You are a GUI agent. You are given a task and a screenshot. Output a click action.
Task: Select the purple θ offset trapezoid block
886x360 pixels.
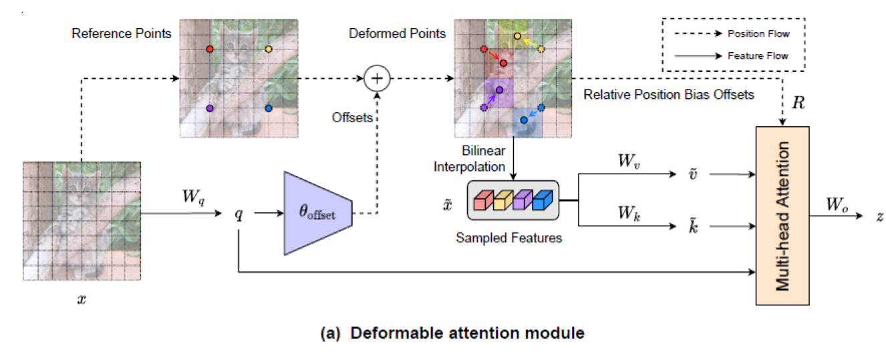pyautogui.click(x=318, y=213)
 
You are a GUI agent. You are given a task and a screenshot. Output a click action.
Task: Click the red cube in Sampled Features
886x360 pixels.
pyautogui.click(x=482, y=200)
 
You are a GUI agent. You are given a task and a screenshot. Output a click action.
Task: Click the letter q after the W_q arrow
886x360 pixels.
pyautogui.click(x=239, y=214)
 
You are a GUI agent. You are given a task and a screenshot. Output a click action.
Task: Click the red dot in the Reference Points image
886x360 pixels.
pyautogui.click(x=210, y=49)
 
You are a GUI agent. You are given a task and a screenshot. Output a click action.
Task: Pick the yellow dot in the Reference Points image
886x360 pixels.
pyautogui.click(x=269, y=49)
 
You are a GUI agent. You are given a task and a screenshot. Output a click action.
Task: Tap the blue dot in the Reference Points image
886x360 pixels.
pyautogui.click(x=269, y=108)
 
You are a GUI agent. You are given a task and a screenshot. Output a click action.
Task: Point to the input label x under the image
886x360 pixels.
pyautogui.click(x=82, y=300)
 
